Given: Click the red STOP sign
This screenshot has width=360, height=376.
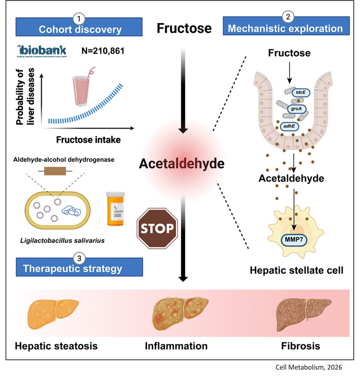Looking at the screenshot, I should pos(157,228).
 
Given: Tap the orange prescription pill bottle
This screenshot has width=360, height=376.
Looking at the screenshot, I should pos(116,209).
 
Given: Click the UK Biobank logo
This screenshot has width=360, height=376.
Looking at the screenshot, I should pos(42,51).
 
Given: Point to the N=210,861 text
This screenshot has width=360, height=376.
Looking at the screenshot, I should pos(103,51).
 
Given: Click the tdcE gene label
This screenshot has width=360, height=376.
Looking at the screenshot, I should pos(300,93).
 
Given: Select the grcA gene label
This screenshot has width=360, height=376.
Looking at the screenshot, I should pos(296,109).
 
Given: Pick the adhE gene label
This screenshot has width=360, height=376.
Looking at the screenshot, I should pos(289,126).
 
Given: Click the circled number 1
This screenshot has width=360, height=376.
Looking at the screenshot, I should pos(79,19).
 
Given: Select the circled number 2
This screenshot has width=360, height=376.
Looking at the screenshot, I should pos(288,17).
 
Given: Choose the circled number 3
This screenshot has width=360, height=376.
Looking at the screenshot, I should pos(79,258).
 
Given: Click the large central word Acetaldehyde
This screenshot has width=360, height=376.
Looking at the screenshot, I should pos(181,164).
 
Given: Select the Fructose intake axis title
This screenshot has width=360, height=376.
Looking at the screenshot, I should pos(88,140).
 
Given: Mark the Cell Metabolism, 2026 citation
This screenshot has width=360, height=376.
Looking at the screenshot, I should pos(308,367).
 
